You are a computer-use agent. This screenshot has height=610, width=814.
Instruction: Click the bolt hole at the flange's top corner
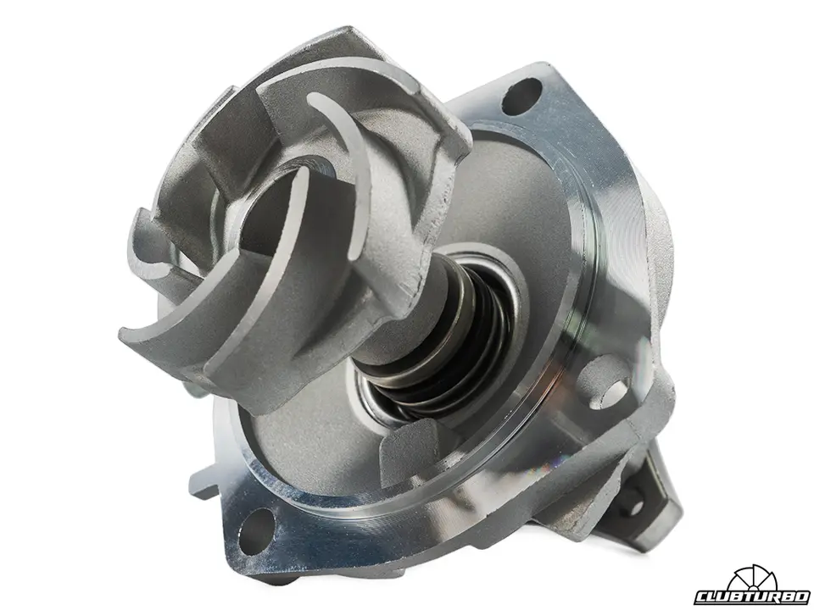pos(521,97)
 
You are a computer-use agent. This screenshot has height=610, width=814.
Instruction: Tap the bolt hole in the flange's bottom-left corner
pos(255,531)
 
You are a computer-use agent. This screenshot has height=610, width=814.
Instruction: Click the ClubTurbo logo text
pos(752,597)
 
